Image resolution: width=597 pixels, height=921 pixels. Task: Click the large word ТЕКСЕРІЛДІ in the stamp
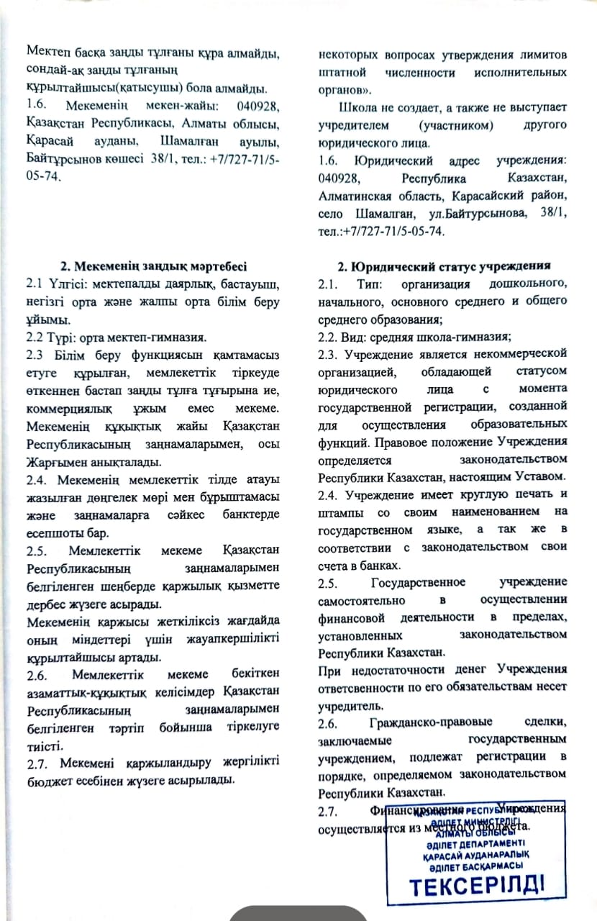point(477,884)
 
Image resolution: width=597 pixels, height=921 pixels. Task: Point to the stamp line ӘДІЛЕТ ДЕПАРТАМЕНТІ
point(475,843)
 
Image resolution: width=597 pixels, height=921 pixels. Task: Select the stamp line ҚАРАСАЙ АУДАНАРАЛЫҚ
point(475,855)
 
